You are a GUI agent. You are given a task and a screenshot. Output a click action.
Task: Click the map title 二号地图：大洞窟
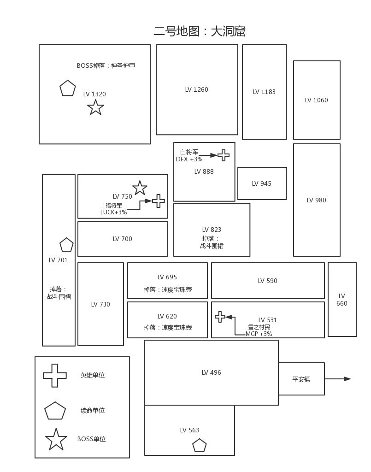coord(199,31)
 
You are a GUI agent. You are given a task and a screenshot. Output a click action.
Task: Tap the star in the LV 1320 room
coord(95,107)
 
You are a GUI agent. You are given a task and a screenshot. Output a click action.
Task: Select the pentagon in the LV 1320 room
coord(67,88)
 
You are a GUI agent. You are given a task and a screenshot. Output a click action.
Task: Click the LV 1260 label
coord(196,90)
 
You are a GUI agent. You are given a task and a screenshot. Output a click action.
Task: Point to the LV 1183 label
coord(264,92)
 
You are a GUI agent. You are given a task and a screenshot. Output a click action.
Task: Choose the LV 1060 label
coord(316,100)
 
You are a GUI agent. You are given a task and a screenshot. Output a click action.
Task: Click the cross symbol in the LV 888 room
coord(224,155)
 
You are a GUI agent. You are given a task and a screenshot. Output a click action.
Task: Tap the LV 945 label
coord(261,184)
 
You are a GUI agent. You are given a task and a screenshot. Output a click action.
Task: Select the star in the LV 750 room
coord(140,188)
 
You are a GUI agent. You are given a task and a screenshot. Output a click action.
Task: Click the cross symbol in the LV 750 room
coord(159,201)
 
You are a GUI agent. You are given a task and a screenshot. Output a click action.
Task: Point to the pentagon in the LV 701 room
coord(66,245)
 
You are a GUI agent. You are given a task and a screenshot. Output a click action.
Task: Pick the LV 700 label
coord(122,239)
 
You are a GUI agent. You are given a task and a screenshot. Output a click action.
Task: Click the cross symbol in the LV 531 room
coord(220,317)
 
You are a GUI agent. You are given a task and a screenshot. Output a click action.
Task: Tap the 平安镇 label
coord(301,379)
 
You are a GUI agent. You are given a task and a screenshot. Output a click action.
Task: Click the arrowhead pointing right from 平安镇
coord(347,379)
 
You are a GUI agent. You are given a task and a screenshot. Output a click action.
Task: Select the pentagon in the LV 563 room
coord(199,446)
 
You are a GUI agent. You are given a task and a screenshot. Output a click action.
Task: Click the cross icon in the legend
coord(55,376)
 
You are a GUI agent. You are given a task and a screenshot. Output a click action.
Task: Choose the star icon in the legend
coord(56,440)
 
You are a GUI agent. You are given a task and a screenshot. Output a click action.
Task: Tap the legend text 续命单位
coord(93,411)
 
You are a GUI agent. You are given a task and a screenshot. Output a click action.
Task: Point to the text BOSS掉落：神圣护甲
coord(106,66)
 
